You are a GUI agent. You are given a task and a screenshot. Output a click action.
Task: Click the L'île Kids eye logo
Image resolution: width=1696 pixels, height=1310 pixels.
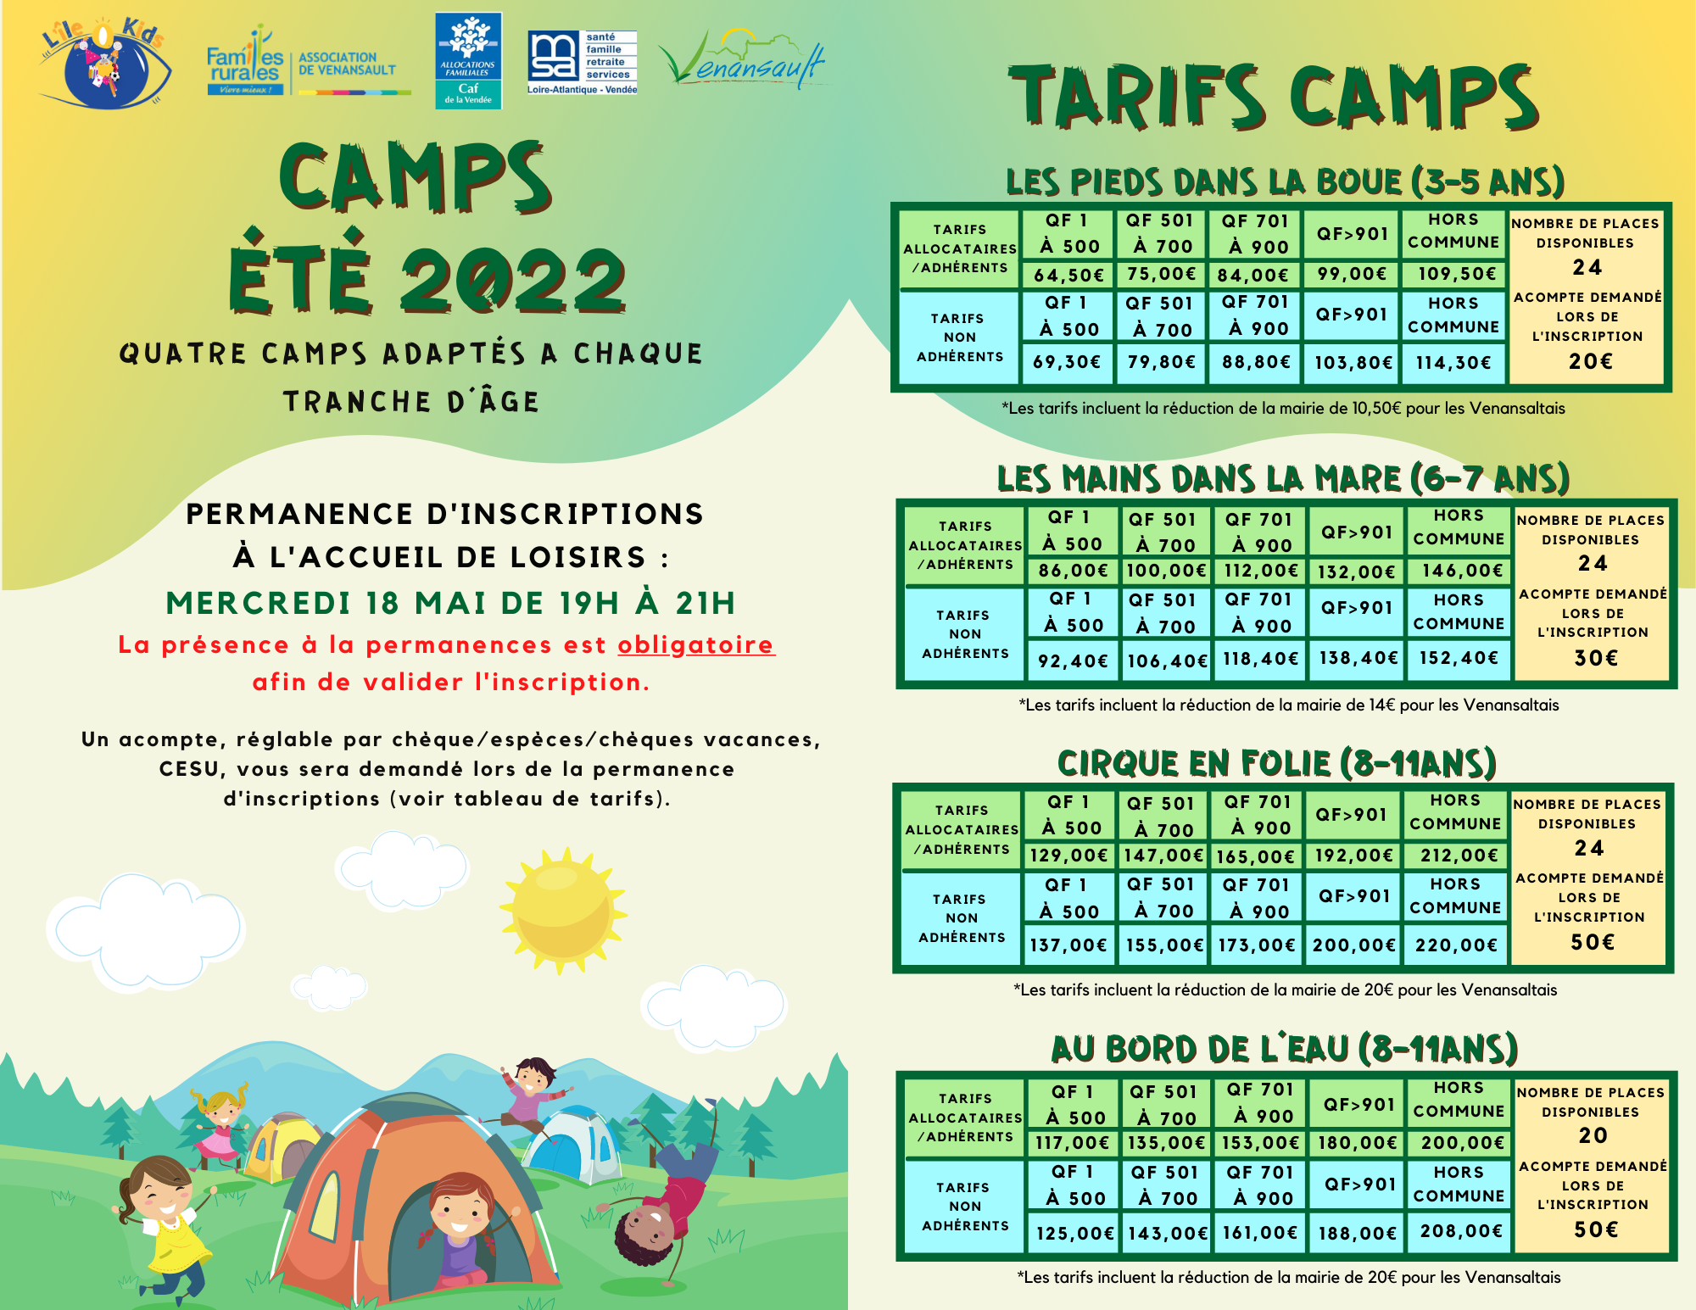click(x=103, y=63)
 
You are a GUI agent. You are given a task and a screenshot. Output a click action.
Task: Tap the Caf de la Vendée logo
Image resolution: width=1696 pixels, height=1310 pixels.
click(x=468, y=60)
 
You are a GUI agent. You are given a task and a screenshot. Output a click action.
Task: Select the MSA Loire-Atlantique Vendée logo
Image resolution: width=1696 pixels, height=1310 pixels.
click(x=582, y=62)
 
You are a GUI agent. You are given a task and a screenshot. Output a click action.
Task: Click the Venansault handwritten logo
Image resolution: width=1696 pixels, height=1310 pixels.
click(x=742, y=59)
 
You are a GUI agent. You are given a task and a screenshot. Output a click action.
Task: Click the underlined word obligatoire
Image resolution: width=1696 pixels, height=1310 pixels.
click(x=695, y=645)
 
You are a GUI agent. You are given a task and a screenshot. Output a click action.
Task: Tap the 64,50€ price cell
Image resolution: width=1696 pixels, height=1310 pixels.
click(x=1068, y=275)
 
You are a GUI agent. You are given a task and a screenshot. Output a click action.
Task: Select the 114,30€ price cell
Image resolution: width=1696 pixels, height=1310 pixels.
click(x=1453, y=363)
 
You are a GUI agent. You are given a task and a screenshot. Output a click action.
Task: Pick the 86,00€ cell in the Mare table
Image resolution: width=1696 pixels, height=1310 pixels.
click(x=1074, y=571)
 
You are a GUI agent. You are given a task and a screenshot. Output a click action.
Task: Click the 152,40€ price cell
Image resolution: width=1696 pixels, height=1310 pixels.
click(x=1459, y=658)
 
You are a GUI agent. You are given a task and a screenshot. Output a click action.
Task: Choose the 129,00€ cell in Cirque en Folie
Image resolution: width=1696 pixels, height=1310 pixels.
click(x=1068, y=856)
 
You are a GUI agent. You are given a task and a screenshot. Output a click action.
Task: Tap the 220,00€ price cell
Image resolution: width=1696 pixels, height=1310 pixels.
click(x=1456, y=945)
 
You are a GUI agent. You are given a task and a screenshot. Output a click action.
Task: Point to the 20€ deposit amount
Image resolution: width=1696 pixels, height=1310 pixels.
click(x=1590, y=362)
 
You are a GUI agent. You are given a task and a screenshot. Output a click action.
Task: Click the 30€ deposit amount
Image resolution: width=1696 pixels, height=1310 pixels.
click(x=1596, y=658)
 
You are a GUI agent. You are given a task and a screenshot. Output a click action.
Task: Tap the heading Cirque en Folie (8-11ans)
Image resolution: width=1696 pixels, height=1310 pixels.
click(x=1276, y=764)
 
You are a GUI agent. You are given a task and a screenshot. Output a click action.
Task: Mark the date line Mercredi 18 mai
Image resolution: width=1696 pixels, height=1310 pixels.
click(x=450, y=603)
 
